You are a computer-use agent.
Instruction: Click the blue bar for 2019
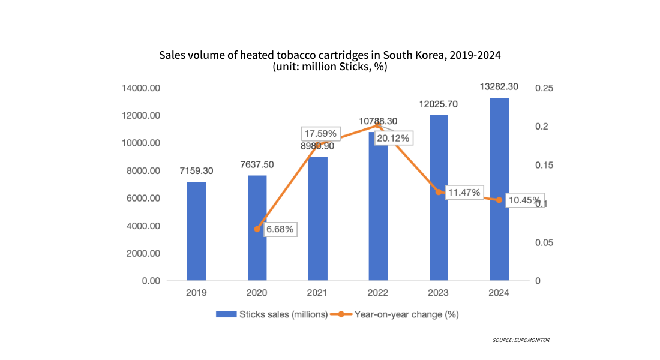(196, 231)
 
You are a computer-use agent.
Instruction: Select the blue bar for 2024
(499, 189)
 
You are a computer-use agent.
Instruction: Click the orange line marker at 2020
(257, 229)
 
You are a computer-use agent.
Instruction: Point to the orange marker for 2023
(439, 193)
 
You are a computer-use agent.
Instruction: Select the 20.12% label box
(393, 139)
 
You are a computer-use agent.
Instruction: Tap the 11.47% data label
(464, 193)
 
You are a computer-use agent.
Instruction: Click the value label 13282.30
(499, 88)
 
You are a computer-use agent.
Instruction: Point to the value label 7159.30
(196, 171)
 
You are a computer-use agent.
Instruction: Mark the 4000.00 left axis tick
(143, 226)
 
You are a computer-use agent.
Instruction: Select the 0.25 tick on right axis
(544, 88)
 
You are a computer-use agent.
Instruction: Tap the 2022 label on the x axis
(378, 293)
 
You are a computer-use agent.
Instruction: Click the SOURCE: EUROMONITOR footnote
(521, 340)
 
